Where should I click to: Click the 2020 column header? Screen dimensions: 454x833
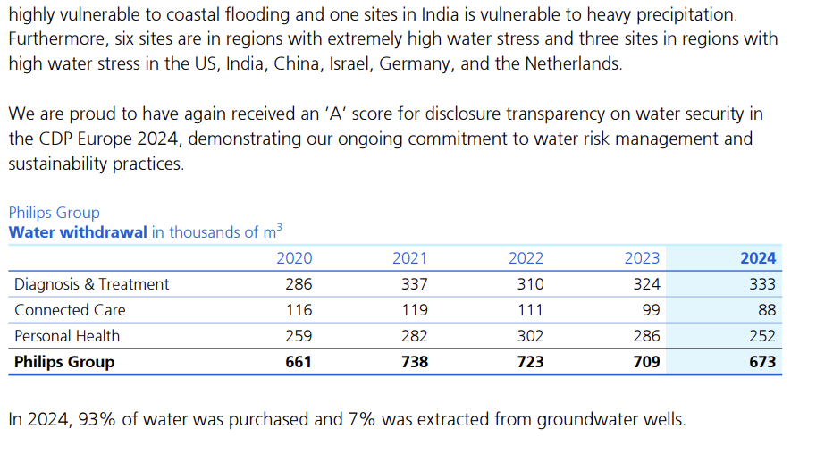point(294,258)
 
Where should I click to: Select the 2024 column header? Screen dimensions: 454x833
point(758,258)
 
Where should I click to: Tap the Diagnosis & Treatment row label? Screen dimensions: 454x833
point(91,284)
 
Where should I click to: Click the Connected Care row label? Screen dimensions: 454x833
point(70,310)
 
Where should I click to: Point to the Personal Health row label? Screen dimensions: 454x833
point(67,336)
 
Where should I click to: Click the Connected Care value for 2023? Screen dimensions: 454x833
point(651,310)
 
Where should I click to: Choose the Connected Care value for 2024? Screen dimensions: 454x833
point(766,310)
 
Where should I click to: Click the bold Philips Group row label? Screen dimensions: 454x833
point(64,362)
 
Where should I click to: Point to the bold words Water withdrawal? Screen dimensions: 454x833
point(78,232)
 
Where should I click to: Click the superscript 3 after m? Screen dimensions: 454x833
point(279,228)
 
